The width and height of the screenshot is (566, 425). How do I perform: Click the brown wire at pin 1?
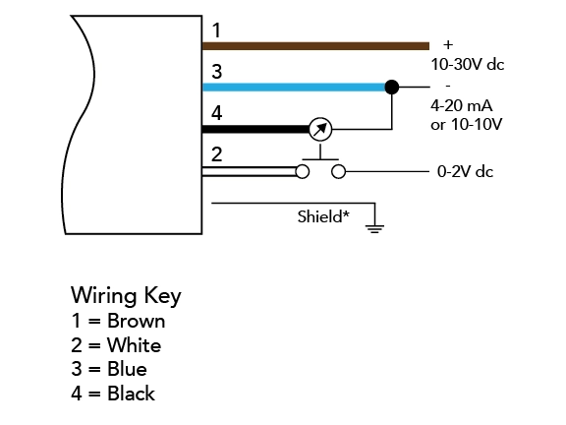(315, 46)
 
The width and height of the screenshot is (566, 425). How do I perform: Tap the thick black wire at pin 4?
(256, 130)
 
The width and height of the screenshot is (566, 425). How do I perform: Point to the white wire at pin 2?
(249, 171)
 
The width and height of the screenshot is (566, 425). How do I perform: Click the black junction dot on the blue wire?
(392, 88)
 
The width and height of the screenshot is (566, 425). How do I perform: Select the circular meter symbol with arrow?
(320, 130)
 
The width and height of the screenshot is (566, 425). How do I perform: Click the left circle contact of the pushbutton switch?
(303, 171)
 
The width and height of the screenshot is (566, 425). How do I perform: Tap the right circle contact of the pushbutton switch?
(338, 171)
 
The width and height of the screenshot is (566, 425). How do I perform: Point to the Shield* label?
(323, 216)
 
